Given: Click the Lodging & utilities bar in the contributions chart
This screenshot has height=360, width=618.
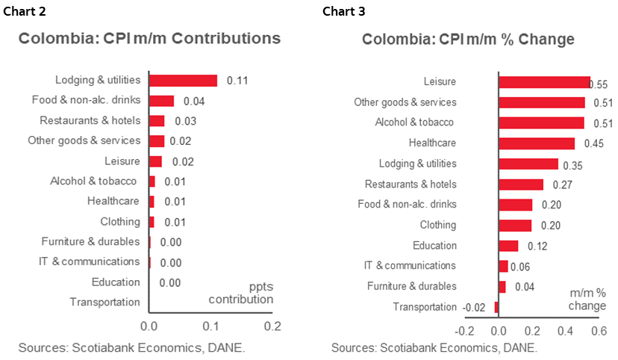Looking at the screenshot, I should [x=183, y=81].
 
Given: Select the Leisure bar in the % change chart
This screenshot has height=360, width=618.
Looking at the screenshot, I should [x=544, y=82].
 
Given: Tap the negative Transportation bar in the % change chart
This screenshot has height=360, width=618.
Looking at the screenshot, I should [x=496, y=307].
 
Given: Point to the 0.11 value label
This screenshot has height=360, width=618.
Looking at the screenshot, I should [x=237, y=81].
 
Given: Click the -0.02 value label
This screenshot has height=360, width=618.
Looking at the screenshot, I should [x=475, y=307].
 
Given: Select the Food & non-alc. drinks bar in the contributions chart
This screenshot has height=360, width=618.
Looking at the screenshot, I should [x=161, y=101].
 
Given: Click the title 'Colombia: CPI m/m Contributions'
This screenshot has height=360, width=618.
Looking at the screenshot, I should [x=149, y=39].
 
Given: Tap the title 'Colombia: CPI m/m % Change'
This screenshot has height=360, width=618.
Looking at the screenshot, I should [x=468, y=39].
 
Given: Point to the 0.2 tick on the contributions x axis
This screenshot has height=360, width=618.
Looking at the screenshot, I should [x=273, y=326].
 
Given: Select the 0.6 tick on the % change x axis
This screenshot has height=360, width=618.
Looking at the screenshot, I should [x=598, y=331].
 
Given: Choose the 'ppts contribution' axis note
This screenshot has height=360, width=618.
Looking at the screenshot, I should [x=240, y=293].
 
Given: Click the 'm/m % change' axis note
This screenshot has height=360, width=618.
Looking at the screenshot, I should [x=587, y=299].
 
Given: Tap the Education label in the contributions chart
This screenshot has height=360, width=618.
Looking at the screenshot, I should [x=116, y=282].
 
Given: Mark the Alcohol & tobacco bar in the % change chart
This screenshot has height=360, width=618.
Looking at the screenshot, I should [x=541, y=123].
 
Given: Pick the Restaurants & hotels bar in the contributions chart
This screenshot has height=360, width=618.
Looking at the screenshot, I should [x=157, y=121].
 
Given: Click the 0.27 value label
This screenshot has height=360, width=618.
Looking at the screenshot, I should [x=561, y=184].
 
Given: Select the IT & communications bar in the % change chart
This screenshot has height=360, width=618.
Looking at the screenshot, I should [x=503, y=266].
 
